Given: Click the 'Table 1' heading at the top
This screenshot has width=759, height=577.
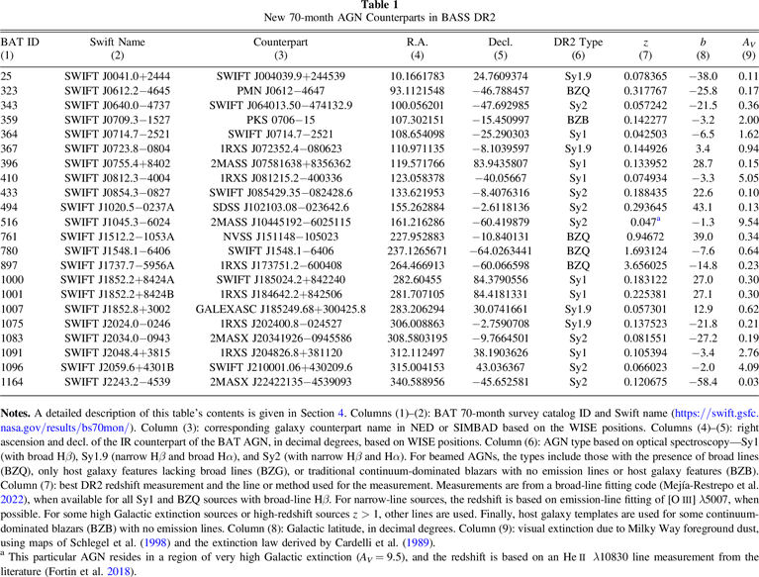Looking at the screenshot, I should point(379,6).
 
